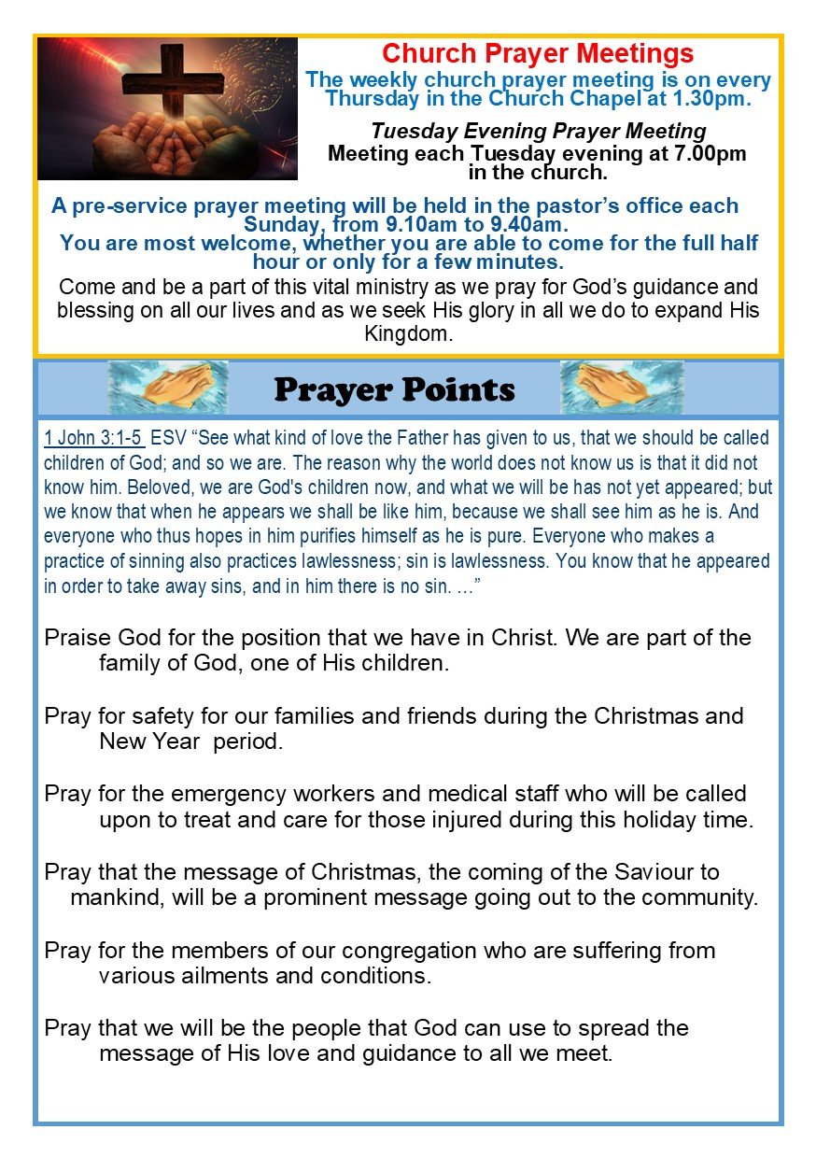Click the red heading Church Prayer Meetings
pyautogui.click(x=538, y=53)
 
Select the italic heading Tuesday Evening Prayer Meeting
pyautogui.click(x=538, y=131)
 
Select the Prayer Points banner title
pyautogui.click(x=395, y=388)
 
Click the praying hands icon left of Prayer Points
pyautogui.click(x=168, y=387)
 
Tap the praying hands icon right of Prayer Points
pyautogui.click(x=621, y=387)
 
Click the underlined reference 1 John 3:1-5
pyautogui.click(x=93, y=438)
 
